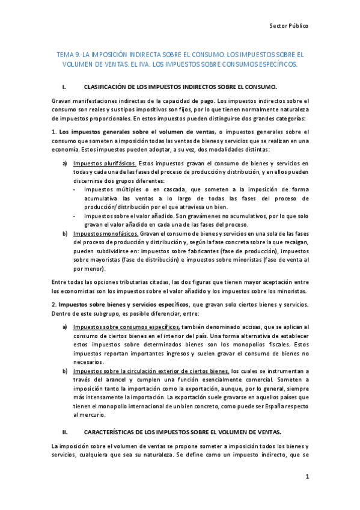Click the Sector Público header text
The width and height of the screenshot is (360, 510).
click(x=288, y=26)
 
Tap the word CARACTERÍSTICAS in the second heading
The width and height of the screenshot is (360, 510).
click(x=112, y=432)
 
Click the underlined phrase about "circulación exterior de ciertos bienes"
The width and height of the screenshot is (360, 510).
click(x=151, y=371)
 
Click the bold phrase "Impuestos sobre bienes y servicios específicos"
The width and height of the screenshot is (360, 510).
click(x=123, y=303)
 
